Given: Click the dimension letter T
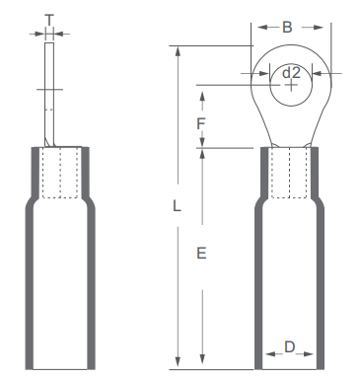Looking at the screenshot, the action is tap(49, 20).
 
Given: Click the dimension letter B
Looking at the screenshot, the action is tap(287, 28).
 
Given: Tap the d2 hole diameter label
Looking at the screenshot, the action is tap(291, 72).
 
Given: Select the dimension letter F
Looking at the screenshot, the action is tap(201, 124).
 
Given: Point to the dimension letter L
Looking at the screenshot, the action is tap(177, 206).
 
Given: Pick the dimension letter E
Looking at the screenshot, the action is tap(201, 254).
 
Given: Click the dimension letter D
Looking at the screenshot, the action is tap(289, 346).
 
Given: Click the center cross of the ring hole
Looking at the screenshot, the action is tap(291, 86).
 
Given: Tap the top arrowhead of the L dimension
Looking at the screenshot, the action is tap(178, 51).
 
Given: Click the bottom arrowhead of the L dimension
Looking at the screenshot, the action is tap(178, 362).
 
